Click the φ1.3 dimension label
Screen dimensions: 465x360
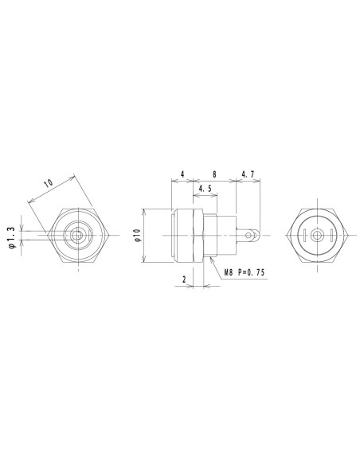tap(10, 236)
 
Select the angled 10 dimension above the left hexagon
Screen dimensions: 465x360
tap(49, 184)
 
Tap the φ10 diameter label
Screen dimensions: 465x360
tap(136, 236)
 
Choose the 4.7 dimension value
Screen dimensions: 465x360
tap(247, 174)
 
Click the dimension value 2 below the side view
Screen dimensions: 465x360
tap(184, 279)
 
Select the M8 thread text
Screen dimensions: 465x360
tap(230, 272)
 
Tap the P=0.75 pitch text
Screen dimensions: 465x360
tap(254, 272)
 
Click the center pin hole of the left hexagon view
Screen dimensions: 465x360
tap(78, 235)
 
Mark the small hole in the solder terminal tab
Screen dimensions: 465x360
tap(253, 236)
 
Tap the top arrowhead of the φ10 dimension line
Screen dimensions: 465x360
tap(143, 212)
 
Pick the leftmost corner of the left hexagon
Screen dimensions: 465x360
tap(49, 235)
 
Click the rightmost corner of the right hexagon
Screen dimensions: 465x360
tap(348, 236)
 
